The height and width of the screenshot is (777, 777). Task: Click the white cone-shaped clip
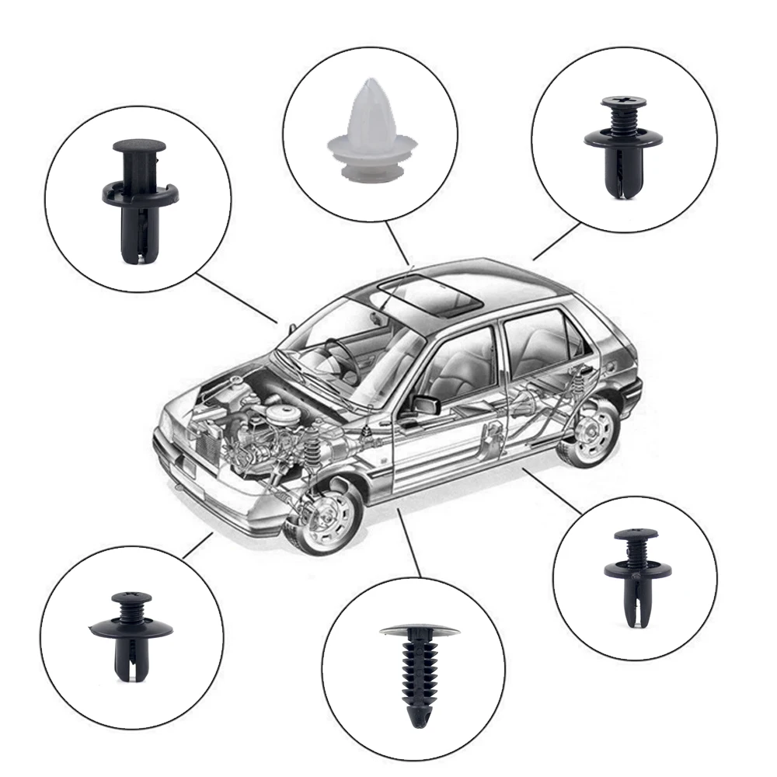coord(368,132)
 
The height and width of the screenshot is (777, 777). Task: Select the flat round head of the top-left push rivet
coord(139,146)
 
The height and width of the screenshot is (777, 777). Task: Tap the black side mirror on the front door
coord(426,405)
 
